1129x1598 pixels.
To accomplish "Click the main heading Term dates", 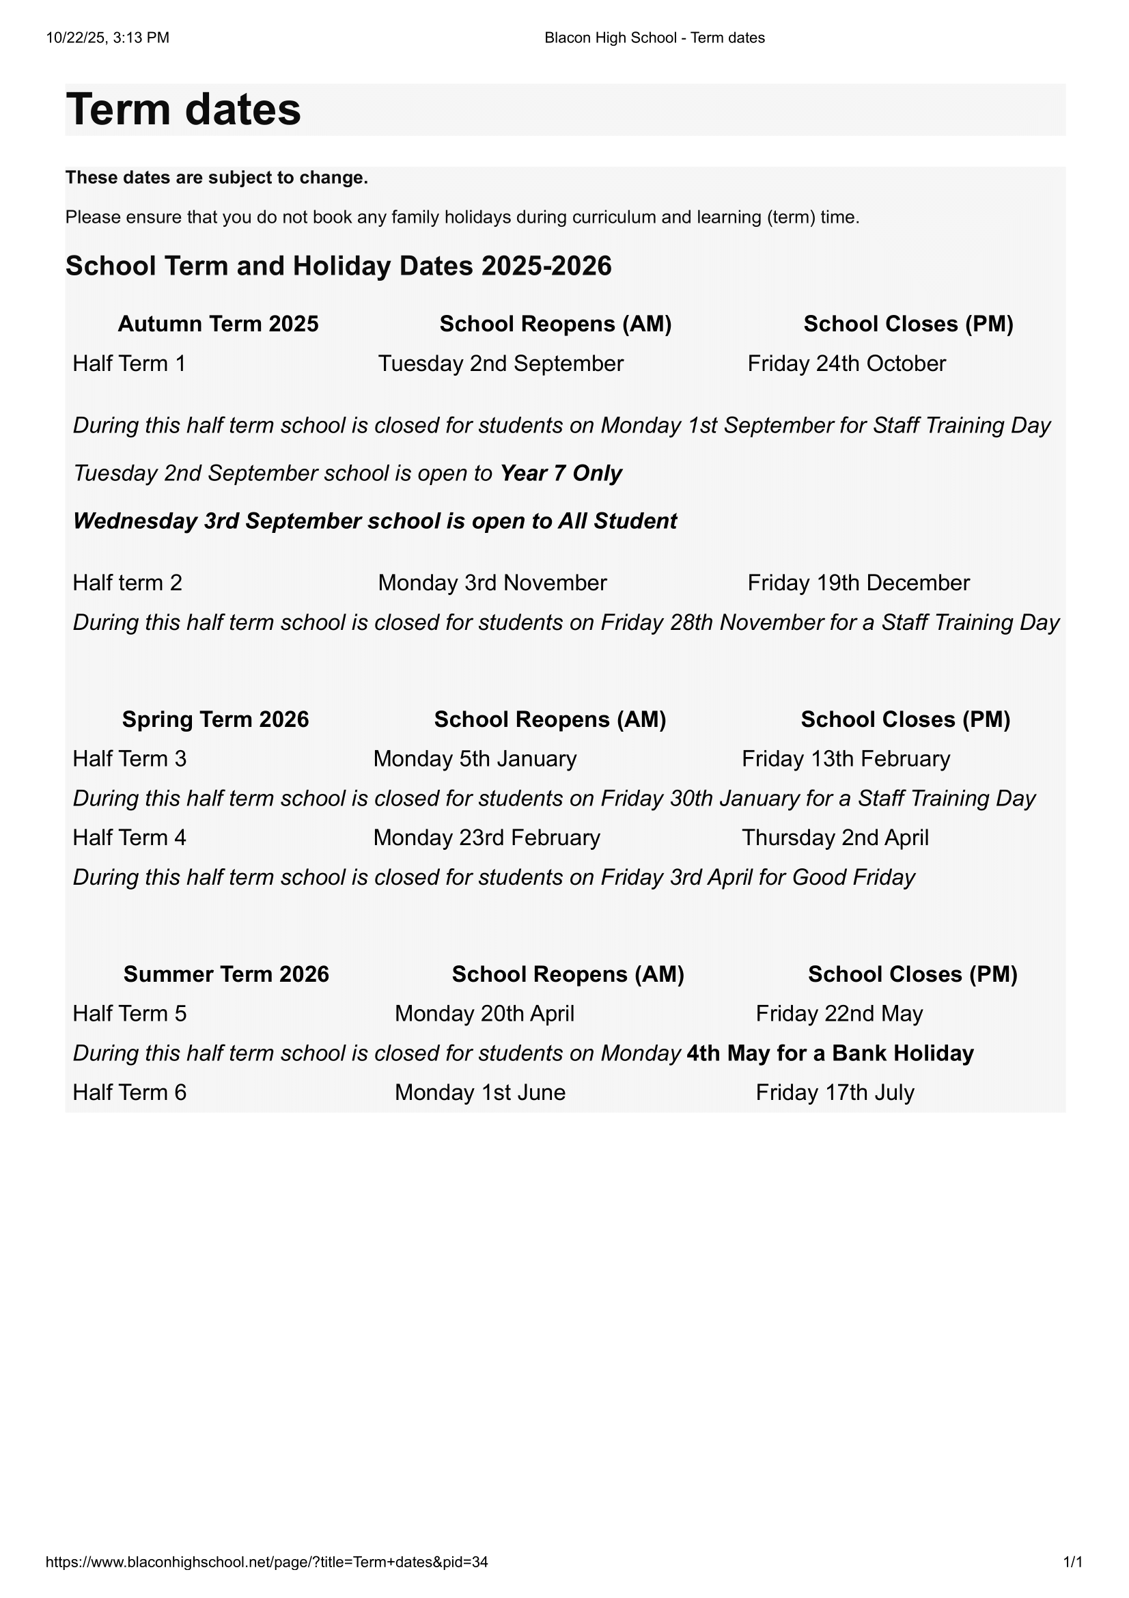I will click(x=184, y=110).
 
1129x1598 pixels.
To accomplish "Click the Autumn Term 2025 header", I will click(x=218, y=324).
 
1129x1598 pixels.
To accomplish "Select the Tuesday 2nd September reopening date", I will click(x=500, y=363).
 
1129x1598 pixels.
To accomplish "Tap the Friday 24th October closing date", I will click(x=846, y=363).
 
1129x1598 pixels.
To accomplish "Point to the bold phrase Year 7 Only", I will click(x=561, y=473).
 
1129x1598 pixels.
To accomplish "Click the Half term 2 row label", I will click(x=127, y=583).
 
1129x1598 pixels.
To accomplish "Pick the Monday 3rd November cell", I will click(x=492, y=583).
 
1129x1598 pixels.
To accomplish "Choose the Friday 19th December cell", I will click(x=858, y=583).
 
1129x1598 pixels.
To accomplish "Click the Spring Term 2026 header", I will click(x=215, y=719).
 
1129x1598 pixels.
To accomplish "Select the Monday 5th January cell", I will click(x=475, y=758).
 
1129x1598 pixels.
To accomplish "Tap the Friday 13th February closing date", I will click(x=845, y=758).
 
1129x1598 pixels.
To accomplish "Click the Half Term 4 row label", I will click(x=129, y=838).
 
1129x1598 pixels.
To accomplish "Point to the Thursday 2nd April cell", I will click(x=835, y=838).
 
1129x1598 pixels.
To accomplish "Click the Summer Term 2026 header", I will click(x=226, y=974).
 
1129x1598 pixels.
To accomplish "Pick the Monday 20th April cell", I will click(x=484, y=1013).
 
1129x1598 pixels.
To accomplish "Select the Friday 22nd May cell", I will click(x=839, y=1013).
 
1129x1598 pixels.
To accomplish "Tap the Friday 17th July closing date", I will click(x=834, y=1092).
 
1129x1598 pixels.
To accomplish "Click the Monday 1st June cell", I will click(x=480, y=1092).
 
